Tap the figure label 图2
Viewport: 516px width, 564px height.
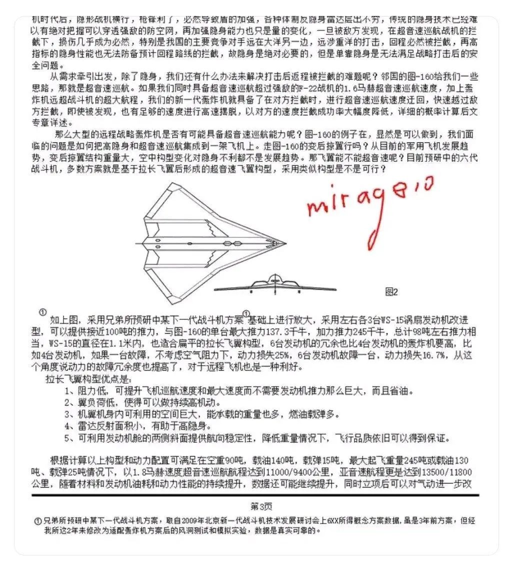pos(391,292)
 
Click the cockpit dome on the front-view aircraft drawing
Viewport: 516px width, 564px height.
pos(273,279)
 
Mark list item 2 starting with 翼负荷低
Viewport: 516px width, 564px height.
pos(141,403)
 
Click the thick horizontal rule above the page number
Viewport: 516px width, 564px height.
pos(255,495)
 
